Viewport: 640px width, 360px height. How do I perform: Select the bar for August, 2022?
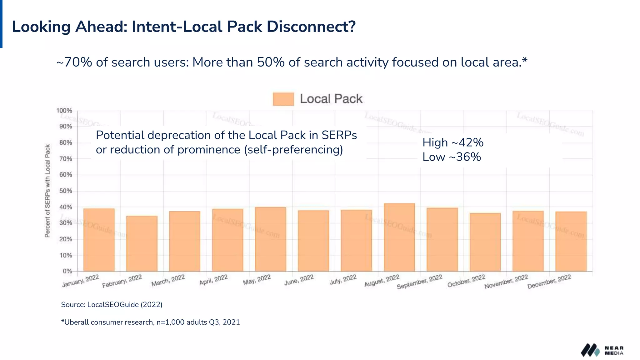tap(399, 237)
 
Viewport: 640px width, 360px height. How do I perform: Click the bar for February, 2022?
tap(142, 244)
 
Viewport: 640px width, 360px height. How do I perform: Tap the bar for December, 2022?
tap(571, 242)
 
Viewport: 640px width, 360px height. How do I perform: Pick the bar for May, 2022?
tap(271, 239)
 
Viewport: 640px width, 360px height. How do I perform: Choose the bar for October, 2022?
tap(485, 242)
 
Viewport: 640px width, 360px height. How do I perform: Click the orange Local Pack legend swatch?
tap(283, 99)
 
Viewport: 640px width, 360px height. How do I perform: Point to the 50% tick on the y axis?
tap(66, 191)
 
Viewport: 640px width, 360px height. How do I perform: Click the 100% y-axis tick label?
tap(64, 111)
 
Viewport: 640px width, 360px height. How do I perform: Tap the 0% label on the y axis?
tap(67, 271)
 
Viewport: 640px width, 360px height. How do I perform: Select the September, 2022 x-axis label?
tap(420, 282)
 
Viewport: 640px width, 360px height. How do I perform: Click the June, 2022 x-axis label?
tap(299, 280)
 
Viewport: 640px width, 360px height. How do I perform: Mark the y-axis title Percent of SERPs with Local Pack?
tap(47, 191)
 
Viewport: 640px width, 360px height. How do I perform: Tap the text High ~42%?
tap(453, 142)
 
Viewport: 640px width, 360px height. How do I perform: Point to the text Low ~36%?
tap(452, 157)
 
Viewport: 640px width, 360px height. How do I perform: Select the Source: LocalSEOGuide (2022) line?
tap(112, 305)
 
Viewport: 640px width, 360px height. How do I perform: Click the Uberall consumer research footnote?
tap(150, 322)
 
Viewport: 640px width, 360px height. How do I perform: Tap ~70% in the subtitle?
tap(74, 62)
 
